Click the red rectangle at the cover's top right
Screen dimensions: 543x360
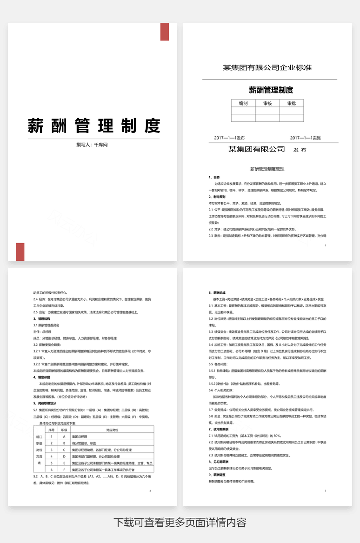[x=165, y=32]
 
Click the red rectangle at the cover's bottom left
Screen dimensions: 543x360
[x=20, y=252]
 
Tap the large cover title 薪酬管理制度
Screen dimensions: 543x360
[x=93, y=126]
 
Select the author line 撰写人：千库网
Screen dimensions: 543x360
[x=92, y=145]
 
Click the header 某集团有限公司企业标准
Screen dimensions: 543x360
[x=267, y=68]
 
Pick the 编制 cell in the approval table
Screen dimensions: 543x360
[x=243, y=103]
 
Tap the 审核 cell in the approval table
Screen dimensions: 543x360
[x=267, y=103]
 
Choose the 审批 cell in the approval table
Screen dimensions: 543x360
[x=292, y=103]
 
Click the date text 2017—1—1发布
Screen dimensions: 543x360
[x=229, y=138]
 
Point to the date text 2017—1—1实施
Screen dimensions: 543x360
[x=305, y=138]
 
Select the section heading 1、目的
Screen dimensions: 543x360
[x=214, y=178]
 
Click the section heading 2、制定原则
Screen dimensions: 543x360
[x=217, y=197]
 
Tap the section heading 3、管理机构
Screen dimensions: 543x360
[x=41, y=319]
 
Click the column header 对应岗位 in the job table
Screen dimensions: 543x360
[x=113, y=430]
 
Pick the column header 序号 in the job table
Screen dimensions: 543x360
[x=52, y=430]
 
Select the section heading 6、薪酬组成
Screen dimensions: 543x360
[x=217, y=293]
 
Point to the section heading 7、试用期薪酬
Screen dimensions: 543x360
[x=219, y=430]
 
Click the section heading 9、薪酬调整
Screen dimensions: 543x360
[x=217, y=475]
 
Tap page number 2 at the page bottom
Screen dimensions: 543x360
[x=150, y=490]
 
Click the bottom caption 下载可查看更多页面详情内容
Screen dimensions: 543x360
[x=180, y=523]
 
